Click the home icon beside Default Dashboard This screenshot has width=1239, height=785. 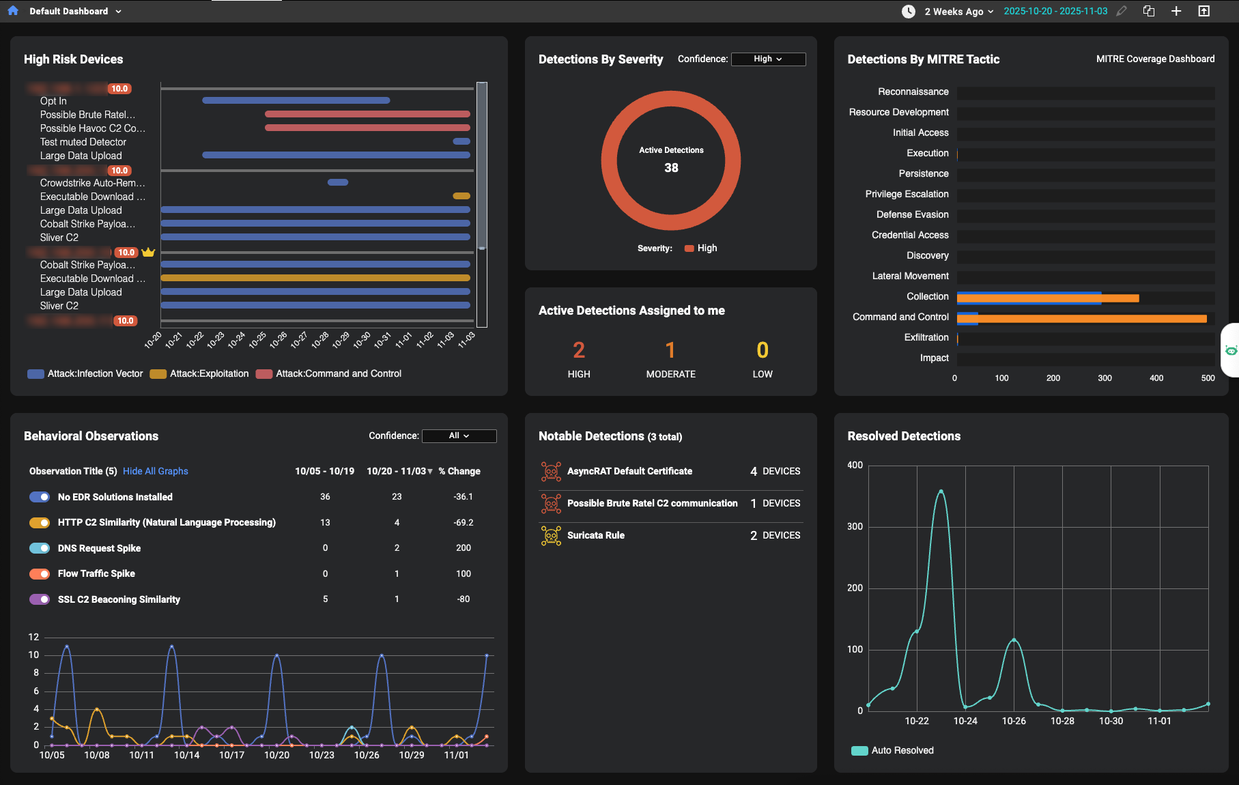tap(13, 11)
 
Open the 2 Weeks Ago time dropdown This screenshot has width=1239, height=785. tap(958, 12)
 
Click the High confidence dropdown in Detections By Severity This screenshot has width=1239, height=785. tap(768, 59)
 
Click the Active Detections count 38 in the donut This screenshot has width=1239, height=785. tap(671, 168)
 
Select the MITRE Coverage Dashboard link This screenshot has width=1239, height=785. tap(1155, 59)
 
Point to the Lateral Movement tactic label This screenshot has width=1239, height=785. tap(910, 276)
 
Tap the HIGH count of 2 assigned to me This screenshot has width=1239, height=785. tap(579, 350)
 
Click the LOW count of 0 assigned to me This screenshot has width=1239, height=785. tap(763, 350)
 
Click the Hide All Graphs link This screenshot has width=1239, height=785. tap(155, 472)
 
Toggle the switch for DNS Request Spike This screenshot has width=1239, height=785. tap(40, 548)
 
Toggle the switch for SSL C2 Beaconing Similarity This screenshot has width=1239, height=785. tap(40, 599)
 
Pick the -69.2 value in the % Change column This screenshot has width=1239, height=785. tap(464, 523)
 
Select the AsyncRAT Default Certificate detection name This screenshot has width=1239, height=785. tap(629, 472)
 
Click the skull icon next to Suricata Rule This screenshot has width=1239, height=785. tap(551, 536)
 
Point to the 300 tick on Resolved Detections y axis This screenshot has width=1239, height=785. tap(855, 527)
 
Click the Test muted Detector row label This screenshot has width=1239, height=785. tap(83, 143)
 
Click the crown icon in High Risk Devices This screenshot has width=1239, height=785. tap(148, 253)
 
